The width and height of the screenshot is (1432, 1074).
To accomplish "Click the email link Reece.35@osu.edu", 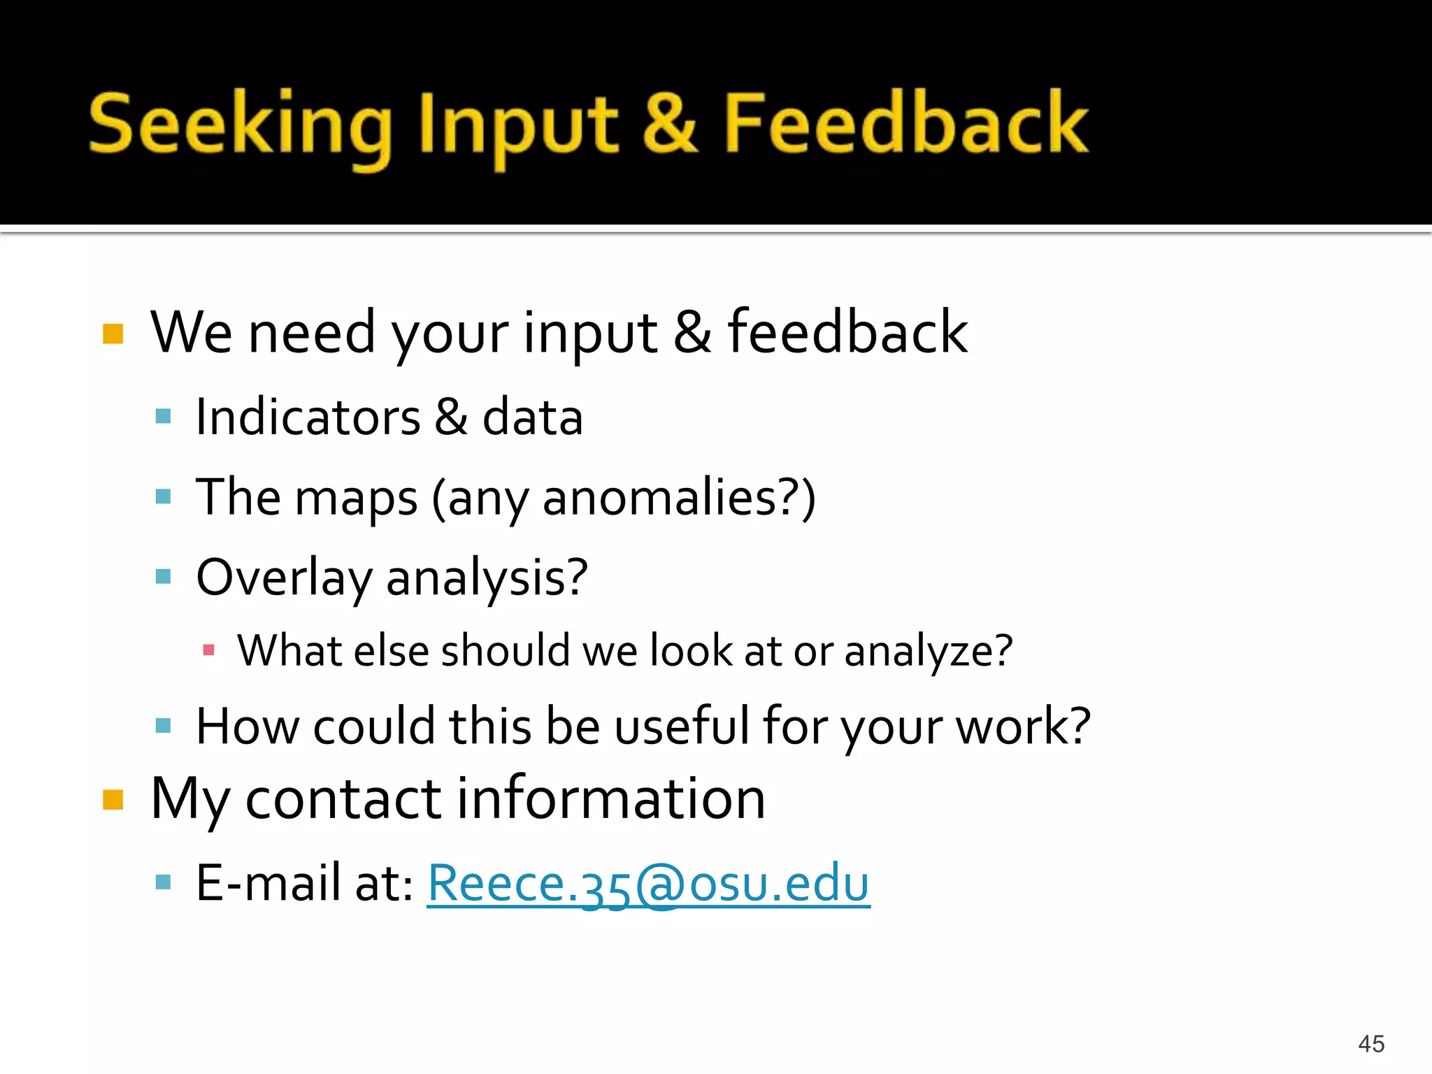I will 648,884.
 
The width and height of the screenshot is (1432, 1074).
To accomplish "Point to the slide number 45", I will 1370,1044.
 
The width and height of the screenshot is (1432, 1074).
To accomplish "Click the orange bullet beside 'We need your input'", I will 113,334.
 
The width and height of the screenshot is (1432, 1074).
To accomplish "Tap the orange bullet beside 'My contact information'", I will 113,799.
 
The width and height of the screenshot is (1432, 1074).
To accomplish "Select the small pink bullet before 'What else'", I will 208,651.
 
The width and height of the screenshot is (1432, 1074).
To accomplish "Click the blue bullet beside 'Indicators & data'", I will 164,417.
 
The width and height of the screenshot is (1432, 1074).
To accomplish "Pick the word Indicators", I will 308,417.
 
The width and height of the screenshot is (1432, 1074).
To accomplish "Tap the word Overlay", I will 283,578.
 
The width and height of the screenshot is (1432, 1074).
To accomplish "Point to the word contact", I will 343,799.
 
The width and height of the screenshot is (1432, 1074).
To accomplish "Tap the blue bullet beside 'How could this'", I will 164,726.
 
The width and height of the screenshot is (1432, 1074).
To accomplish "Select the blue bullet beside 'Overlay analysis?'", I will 164,577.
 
